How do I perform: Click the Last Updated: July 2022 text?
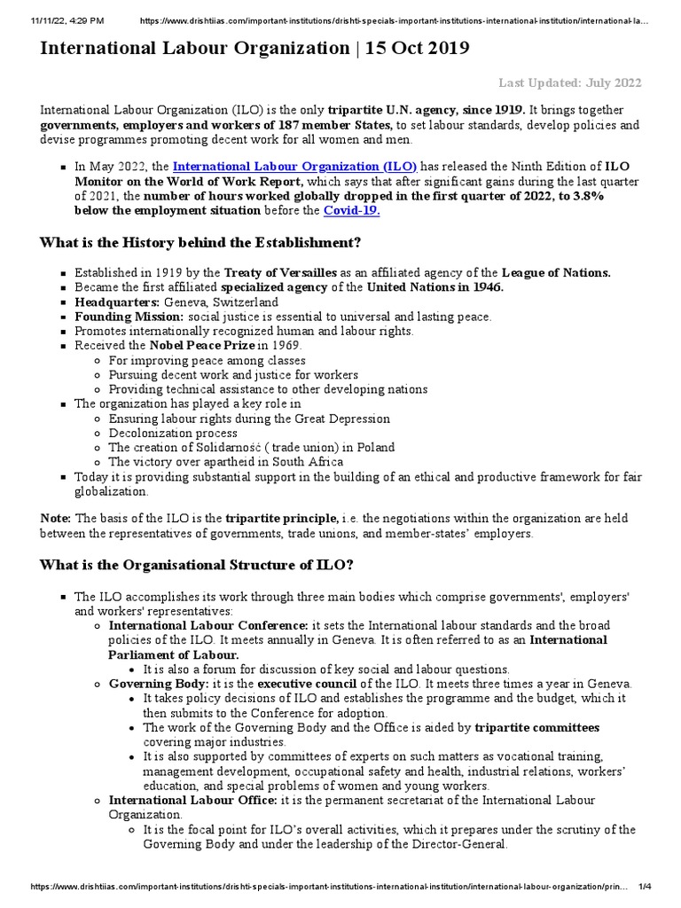(x=568, y=83)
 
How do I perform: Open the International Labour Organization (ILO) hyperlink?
(x=294, y=166)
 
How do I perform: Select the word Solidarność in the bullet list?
(x=210, y=448)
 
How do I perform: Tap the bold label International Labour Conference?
(x=208, y=625)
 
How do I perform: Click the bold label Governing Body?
(x=145, y=685)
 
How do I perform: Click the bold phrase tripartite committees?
(x=536, y=728)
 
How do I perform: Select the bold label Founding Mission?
(x=129, y=317)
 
